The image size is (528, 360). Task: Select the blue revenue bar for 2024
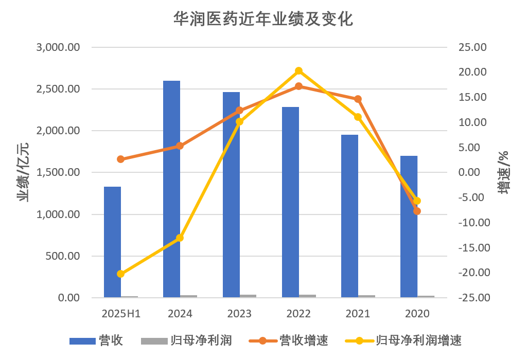click(x=172, y=189)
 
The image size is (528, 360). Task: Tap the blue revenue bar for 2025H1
click(x=112, y=242)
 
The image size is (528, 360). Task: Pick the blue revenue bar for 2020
click(x=409, y=226)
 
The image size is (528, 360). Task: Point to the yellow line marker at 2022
click(x=298, y=71)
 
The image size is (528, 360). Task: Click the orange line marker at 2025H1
click(x=120, y=159)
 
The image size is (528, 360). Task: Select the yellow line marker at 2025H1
click(x=120, y=274)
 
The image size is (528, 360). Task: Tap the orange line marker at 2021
click(x=358, y=99)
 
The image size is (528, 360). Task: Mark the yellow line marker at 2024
click(x=180, y=238)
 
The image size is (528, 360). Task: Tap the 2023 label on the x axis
click(x=239, y=314)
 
